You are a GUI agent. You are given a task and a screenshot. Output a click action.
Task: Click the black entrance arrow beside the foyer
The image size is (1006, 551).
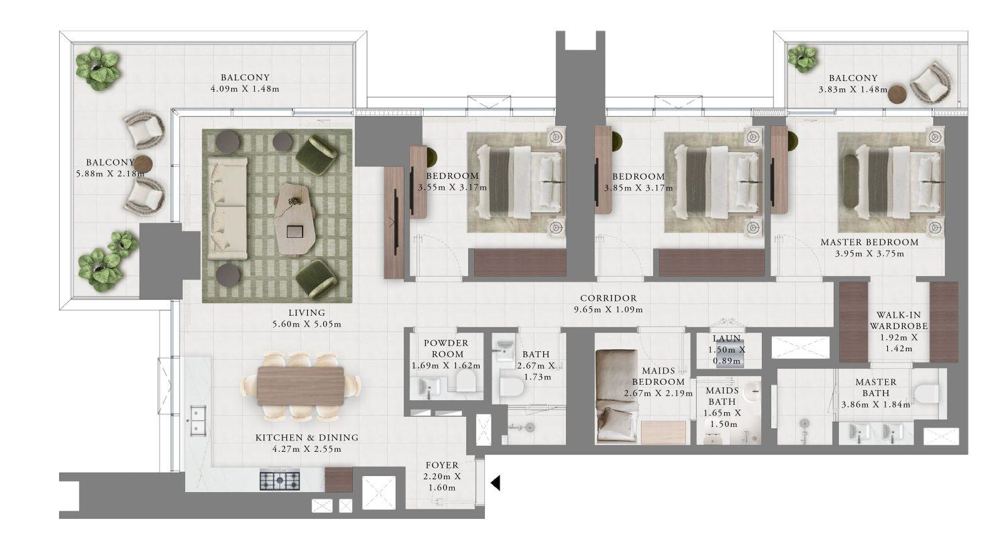[496, 483]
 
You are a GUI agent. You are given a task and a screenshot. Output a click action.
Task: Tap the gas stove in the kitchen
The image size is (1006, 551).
[280, 480]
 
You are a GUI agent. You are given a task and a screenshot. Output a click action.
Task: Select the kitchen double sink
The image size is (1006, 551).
[196, 421]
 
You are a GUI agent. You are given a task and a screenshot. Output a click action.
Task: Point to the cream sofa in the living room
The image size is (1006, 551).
[226, 208]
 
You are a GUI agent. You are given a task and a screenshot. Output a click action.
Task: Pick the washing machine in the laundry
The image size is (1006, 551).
[728, 356]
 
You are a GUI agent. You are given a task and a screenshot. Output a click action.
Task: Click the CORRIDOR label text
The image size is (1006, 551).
[608, 298]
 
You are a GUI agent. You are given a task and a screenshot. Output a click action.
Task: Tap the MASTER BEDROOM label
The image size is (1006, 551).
[869, 242]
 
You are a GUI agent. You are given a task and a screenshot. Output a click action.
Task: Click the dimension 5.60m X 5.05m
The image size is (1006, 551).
[306, 324]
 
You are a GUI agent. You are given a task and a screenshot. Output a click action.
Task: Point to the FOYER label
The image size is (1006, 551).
[442, 465]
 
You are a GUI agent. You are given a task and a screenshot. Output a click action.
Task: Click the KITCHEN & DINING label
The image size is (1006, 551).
[306, 437]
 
